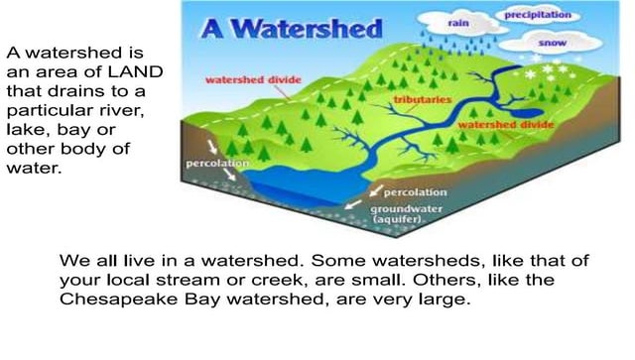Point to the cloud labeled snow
(553, 45)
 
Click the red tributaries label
(421, 101)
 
